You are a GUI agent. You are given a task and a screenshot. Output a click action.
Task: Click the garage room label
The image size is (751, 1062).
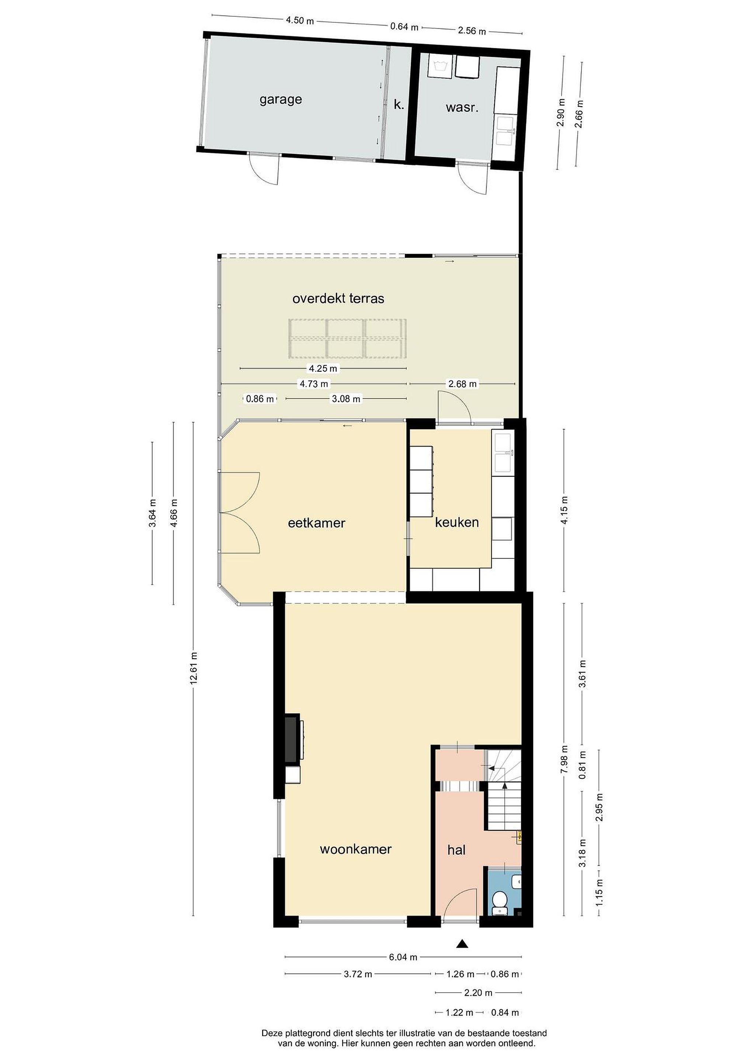[x=281, y=100]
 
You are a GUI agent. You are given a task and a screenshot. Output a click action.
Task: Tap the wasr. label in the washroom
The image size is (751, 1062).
[x=462, y=108]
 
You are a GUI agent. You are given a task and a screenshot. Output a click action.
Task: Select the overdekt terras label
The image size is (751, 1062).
[x=338, y=298]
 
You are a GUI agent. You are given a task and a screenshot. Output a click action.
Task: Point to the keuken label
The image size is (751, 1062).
[x=457, y=522]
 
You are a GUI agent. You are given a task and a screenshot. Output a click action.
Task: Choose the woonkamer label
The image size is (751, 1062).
[x=356, y=849]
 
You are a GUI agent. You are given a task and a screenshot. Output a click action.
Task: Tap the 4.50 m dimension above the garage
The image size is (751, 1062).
[x=300, y=20]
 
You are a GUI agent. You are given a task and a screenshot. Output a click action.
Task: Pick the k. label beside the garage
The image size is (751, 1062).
[x=399, y=104]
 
